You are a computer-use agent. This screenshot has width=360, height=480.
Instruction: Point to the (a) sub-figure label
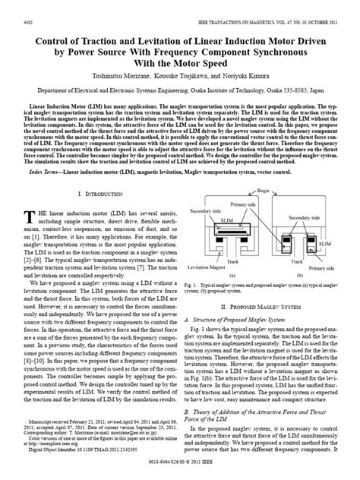click(232, 276)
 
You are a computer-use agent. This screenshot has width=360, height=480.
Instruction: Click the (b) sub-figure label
click(301, 276)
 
